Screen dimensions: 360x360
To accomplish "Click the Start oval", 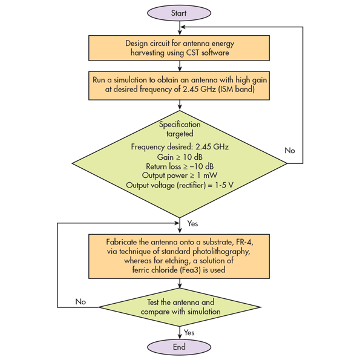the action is click(x=179, y=13).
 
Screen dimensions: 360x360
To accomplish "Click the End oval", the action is click(x=179, y=347).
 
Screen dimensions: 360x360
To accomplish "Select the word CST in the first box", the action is click(x=192, y=53).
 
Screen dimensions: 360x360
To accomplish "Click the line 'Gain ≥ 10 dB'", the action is click(x=180, y=157).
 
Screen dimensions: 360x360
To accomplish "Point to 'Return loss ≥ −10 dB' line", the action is click(x=180, y=166).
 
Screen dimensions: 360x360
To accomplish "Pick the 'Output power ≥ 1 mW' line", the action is click(x=180, y=175).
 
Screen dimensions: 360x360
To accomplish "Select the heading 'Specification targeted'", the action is click(x=180, y=129).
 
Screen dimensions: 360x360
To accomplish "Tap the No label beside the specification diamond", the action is click(x=290, y=151).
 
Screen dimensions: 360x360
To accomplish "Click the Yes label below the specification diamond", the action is click(x=192, y=223).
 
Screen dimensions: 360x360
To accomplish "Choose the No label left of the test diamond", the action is click(x=80, y=301).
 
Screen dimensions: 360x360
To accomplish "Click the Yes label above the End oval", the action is click(x=189, y=332).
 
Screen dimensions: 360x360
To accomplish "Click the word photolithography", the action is click(x=221, y=252).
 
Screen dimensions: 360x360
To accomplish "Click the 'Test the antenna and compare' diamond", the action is click(x=180, y=307).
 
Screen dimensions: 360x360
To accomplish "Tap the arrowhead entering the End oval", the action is click(x=180, y=336).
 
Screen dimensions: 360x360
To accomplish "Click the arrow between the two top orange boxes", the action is click(x=180, y=66).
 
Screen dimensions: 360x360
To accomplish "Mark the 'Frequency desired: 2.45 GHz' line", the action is click(x=180, y=146).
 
